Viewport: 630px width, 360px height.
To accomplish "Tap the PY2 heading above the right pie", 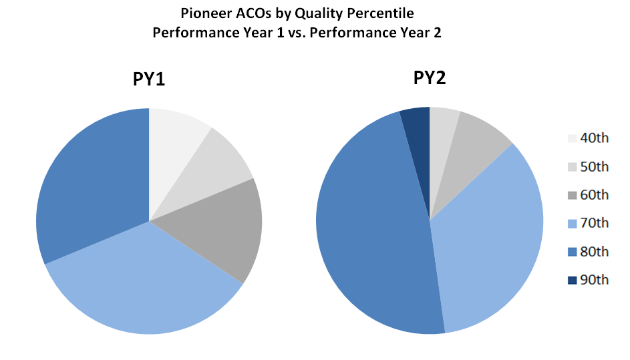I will click(x=430, y=79).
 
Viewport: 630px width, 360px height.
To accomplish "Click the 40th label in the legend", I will click(x=595, y=138).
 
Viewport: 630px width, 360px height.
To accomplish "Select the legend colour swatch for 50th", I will click(x=572, y=167).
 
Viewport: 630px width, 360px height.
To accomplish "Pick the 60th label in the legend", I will click(x=595, y=195).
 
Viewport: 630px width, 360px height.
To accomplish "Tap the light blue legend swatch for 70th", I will click(x=572, y=223).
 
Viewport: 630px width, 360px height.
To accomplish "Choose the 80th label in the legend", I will click(x=595, y=251).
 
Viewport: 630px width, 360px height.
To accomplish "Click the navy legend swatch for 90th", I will click(x=572, y=280).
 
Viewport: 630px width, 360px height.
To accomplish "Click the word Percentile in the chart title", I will click(x=385, y=13).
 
